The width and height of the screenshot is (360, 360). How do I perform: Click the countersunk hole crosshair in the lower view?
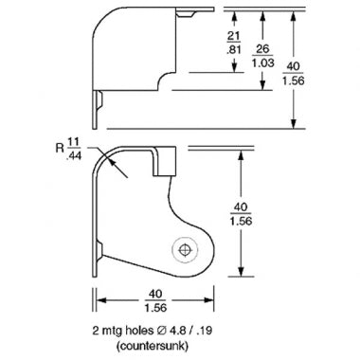pyautogui.click(x=185, y=250)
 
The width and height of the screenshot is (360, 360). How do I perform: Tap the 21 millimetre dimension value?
pyautogui.click(x=234, y=36)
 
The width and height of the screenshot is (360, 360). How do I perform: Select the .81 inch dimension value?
pyautogui.click(x=234, y=49)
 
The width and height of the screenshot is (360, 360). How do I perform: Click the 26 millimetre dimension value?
pyautogui.click(x=262, y=48)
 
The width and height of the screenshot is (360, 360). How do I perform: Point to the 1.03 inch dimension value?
pyautogui.click(x=262, y=63)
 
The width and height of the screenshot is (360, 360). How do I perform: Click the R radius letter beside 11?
pyautogui.click(x=60, y=148)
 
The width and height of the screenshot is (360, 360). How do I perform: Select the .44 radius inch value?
pyautogui.click(x=74, y=155)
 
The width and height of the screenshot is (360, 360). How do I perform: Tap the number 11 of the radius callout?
pyautogui.click(x=73, y=142)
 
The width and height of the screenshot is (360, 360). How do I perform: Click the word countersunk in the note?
pyautogui.click(x=153, y=346)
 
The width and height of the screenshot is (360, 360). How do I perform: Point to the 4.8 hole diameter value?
pyautogui.click(x=177, y=331)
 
